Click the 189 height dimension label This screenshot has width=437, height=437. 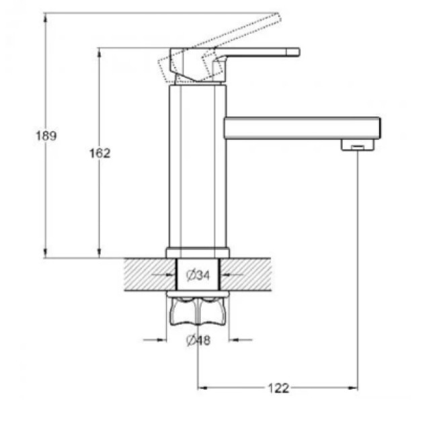click(46, 136)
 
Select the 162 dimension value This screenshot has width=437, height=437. click(100, 153)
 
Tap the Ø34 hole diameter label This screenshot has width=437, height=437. click(198, 276)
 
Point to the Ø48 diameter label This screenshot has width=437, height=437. click(198, 340)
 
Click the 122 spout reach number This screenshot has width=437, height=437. click(278, 388)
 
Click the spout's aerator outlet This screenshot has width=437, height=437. click(358, 145)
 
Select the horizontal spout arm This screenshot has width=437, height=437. click(303, 128)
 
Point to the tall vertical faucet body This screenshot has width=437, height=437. click(198, 166)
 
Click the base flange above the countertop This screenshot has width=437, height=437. click(198, 253)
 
